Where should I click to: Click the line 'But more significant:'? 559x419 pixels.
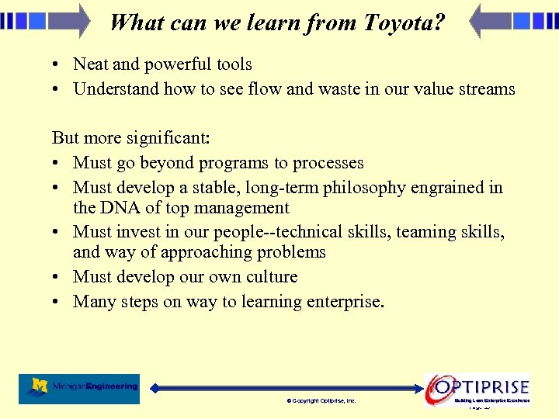pos(131,138)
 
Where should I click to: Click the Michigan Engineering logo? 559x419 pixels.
pos(79,387)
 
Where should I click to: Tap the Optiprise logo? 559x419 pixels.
pos(477,387)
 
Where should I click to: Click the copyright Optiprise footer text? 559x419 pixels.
pos(321,401)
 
